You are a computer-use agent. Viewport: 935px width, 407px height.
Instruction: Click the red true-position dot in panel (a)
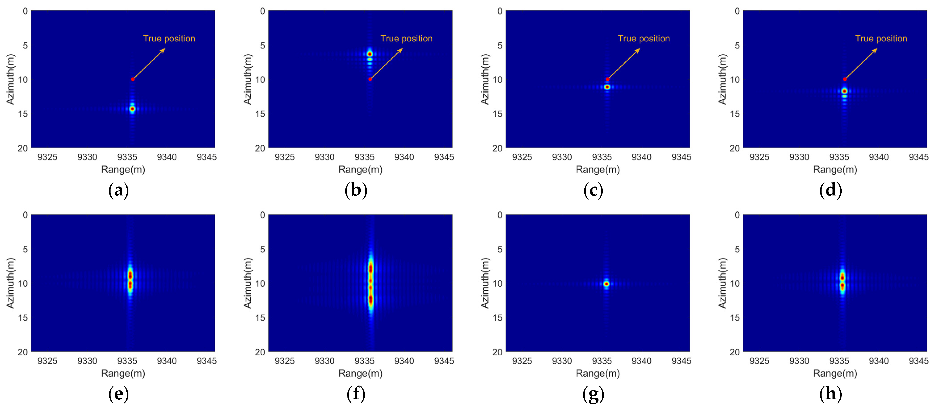[133, 79]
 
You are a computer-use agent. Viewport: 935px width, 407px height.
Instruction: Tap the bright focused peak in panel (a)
[132, 109]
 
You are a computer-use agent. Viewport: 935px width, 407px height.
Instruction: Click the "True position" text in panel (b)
[406, 38]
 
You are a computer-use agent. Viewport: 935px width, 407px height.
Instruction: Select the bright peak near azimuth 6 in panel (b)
[370, 54]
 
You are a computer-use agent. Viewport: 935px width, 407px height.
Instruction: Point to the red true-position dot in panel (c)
[607, 79]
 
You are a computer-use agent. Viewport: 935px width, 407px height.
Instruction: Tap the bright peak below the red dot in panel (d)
[845, 91]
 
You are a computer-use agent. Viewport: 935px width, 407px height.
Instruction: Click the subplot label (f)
[356, 394]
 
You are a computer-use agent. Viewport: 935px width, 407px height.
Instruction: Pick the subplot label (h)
[830, 394]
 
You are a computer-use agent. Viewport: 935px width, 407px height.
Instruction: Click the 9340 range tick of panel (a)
[167, 157]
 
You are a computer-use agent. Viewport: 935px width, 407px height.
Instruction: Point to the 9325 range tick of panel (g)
[522, 361]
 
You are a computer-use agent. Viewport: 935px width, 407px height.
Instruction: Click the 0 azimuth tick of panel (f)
[262, 215]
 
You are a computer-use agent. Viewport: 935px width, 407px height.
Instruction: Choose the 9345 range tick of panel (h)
[918, 361]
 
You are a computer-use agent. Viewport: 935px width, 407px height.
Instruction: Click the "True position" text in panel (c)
[644, 38]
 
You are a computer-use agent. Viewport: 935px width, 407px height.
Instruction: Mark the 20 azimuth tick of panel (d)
[735, 148]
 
